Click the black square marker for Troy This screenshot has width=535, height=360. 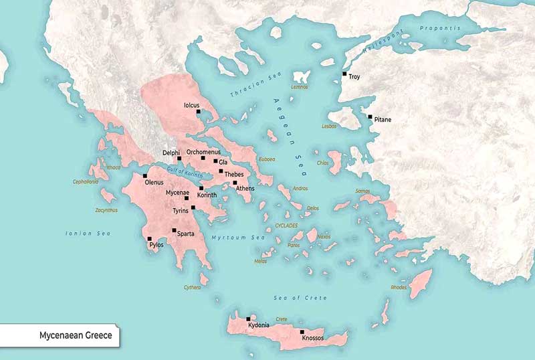pos(344,74)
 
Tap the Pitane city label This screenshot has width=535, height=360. pos(383,120)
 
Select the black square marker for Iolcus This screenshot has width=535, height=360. pos(198,112)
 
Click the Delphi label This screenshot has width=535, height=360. pos(171,153)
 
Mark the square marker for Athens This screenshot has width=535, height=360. pos(235,182)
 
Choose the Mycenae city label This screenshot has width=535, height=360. pos(177,192)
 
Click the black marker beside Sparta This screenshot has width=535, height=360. pos(174,230)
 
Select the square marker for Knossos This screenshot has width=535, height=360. pos(302,332)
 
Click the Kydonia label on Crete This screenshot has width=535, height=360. pos(258,325)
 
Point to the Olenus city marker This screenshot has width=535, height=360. pos(145,175)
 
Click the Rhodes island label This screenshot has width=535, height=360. pos(399,287)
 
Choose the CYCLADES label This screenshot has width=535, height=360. pos(286,226)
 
